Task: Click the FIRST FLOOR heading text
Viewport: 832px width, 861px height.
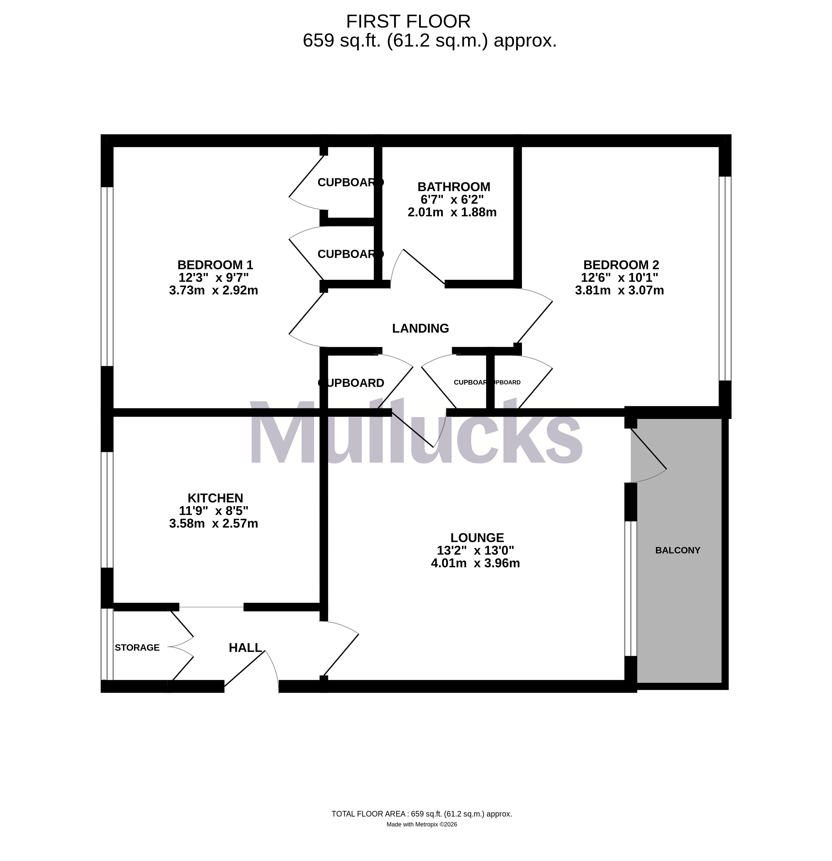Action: click(408, 21)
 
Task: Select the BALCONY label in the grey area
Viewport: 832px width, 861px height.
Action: click(677, 550)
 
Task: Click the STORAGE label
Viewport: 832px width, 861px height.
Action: click(137, 648)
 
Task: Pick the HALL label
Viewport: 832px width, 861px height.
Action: click(245, 648)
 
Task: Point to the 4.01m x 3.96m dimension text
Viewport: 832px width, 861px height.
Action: click(475, 563)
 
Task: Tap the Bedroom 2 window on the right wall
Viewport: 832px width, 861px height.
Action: click(725, 278)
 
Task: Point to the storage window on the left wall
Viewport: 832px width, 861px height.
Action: click(107, 644)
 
